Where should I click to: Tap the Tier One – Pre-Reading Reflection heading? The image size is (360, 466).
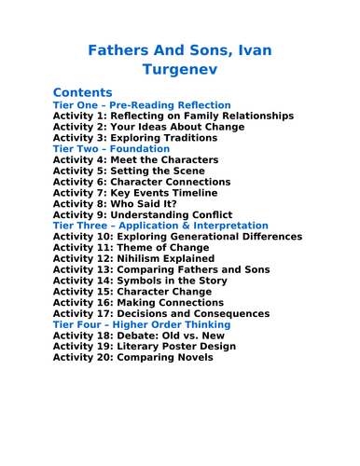[142, 105]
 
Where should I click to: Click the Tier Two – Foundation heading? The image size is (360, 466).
[111, 149]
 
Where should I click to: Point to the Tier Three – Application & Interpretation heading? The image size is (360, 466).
[160, 226]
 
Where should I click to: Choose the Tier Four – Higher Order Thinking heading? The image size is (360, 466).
[142, 324]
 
